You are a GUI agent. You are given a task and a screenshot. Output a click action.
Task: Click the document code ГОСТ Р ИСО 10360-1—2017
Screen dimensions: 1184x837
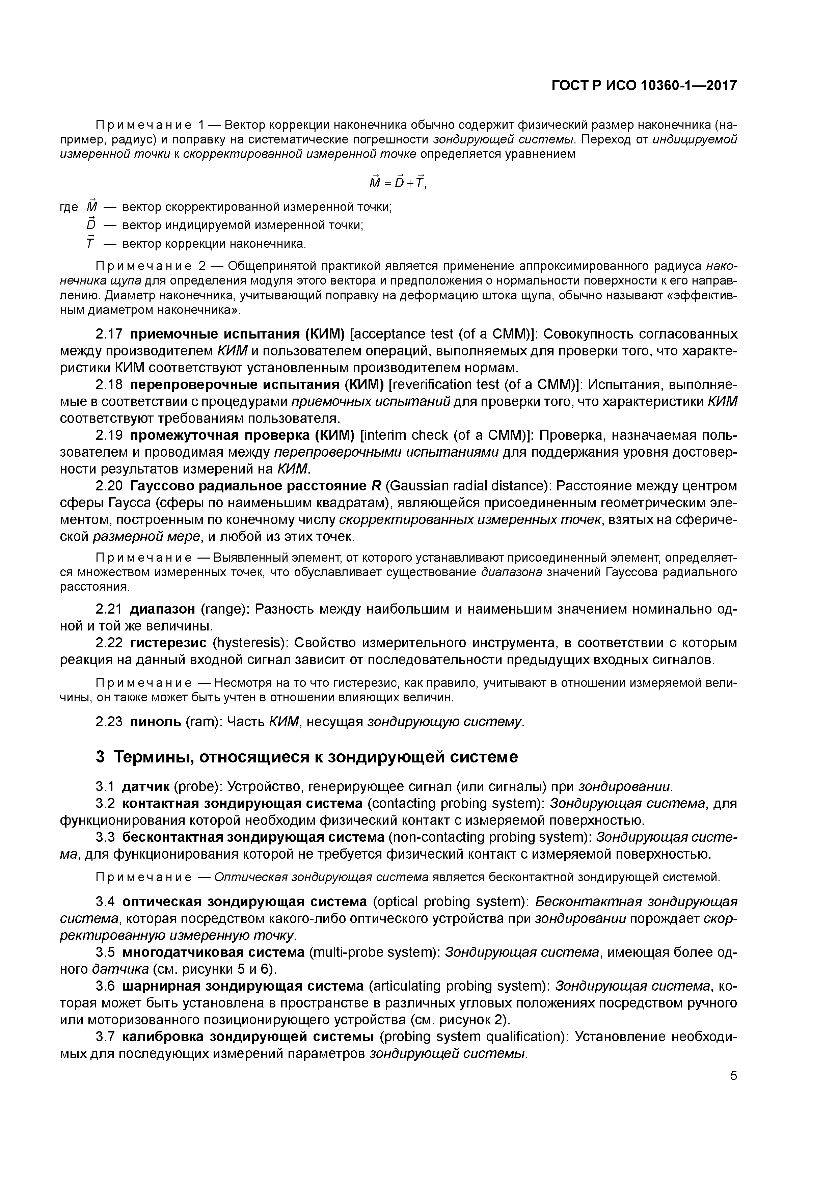644,85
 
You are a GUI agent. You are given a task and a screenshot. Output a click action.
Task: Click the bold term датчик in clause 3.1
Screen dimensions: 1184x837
145,786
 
